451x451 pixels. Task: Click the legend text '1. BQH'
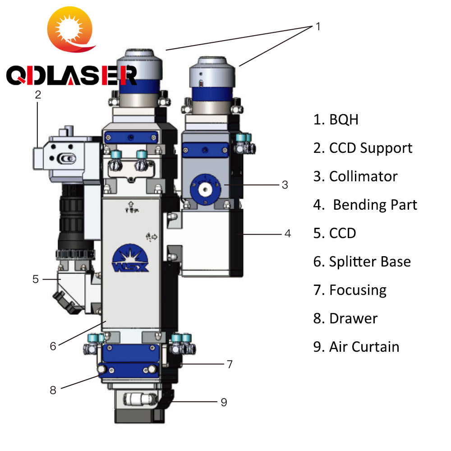point(336,120)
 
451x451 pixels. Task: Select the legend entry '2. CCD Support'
point(363,148)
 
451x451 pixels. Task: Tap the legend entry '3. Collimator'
point(355,176)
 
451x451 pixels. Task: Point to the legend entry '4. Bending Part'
point(365,205)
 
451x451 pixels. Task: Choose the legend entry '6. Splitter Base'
point(362,262)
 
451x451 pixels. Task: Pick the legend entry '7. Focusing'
point(350,290)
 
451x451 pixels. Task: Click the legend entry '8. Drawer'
point(345,318)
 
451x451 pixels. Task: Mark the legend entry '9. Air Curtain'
point(356,347)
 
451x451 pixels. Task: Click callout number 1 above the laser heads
point(318,27)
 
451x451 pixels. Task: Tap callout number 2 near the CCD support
point(38,95)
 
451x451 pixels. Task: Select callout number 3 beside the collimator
point(285,184)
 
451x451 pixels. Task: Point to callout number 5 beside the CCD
point(36,279)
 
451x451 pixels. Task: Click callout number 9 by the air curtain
point(224,402)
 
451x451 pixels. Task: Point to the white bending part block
point(207,244)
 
